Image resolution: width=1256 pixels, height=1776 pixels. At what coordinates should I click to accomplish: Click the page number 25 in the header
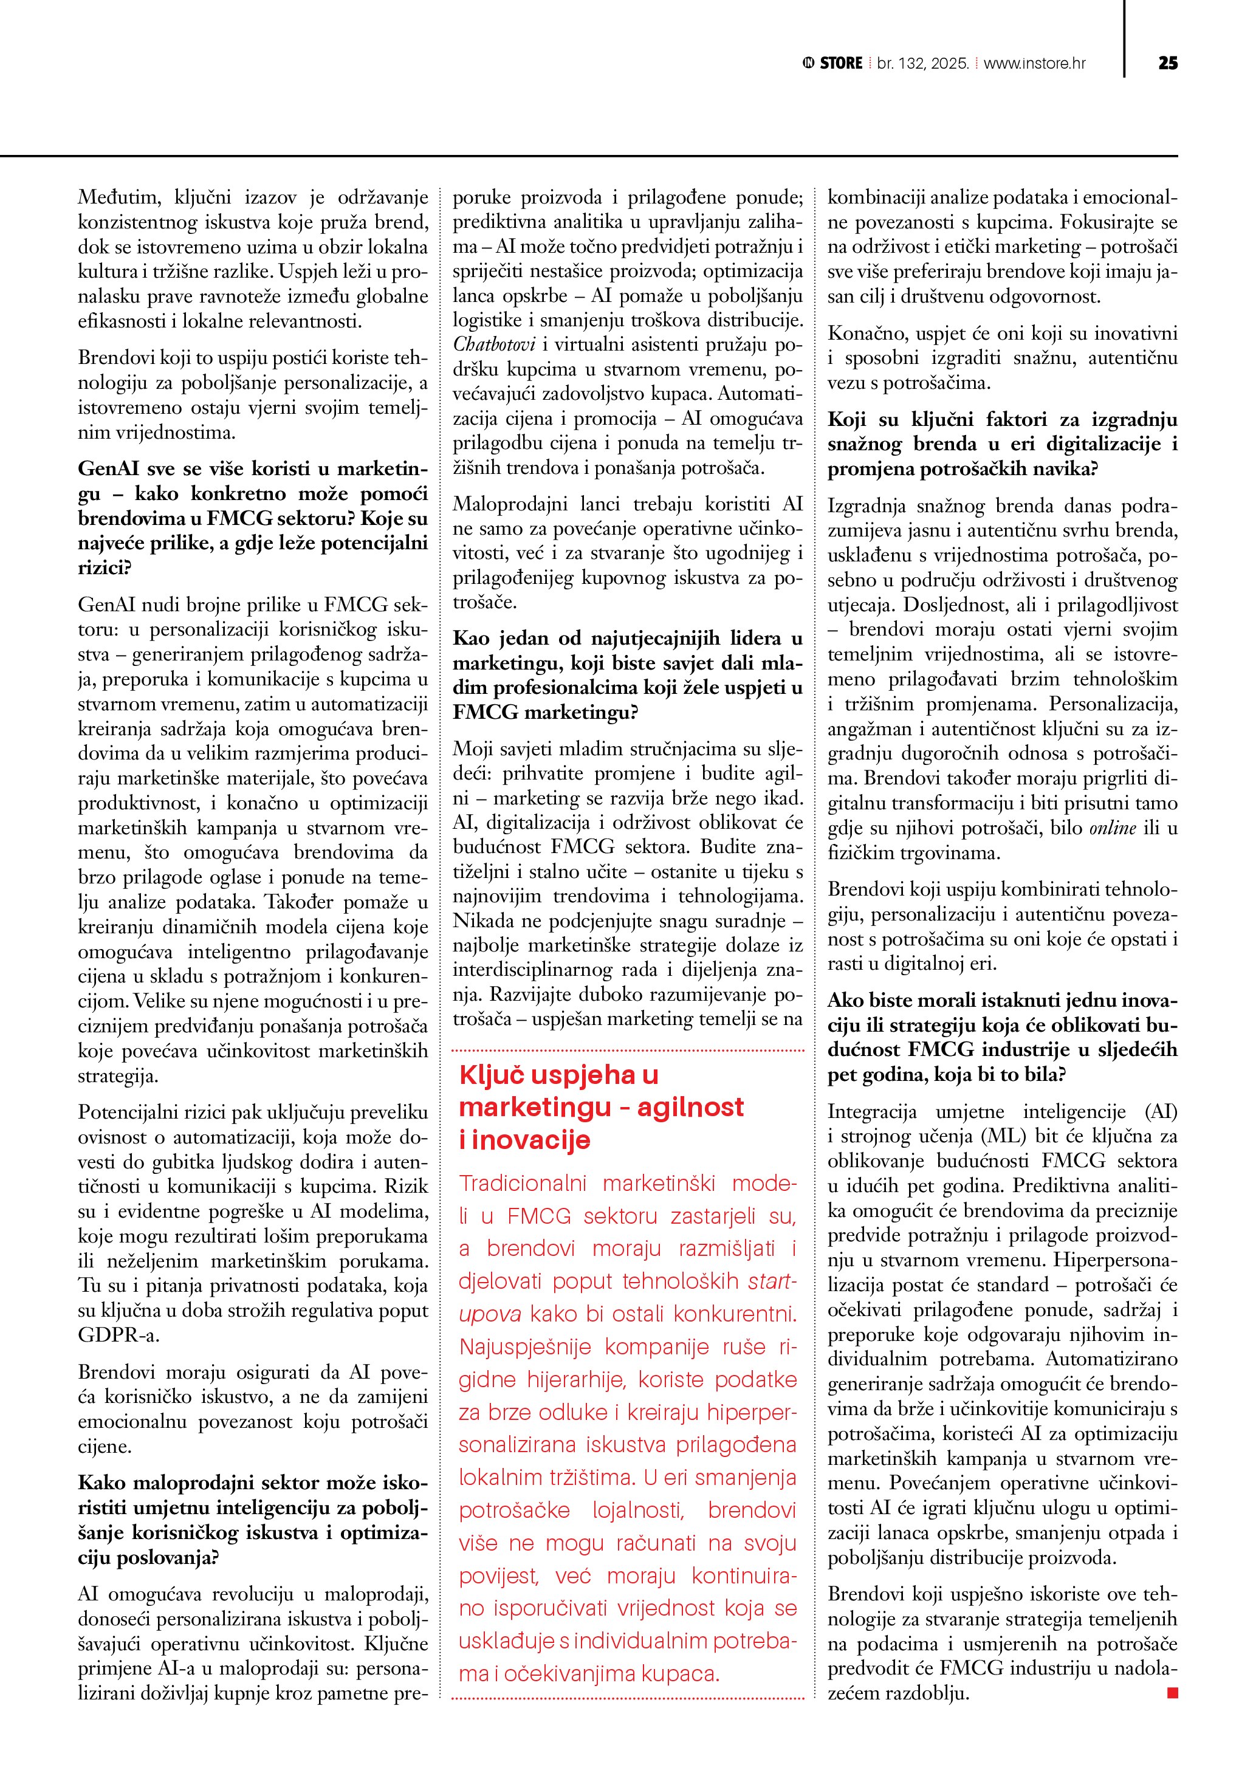coord(1168,63)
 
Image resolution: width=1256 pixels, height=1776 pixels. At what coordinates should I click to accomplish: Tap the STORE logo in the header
coord(833,63)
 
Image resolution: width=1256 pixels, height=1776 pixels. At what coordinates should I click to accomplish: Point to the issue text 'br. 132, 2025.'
coord(922,63)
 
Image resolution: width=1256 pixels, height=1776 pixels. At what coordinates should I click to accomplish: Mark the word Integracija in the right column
coord(871,1111)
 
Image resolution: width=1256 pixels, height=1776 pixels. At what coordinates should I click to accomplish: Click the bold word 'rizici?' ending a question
coord(105,567)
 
